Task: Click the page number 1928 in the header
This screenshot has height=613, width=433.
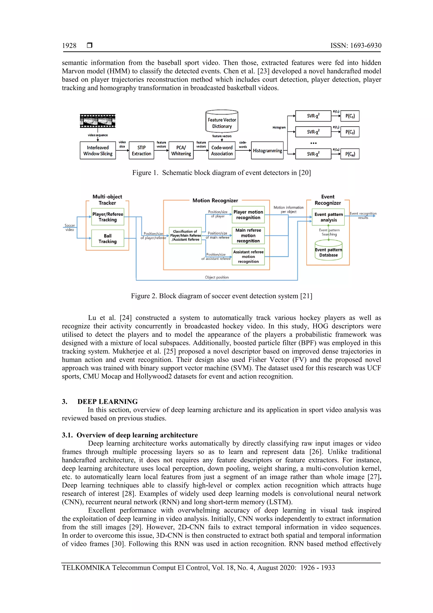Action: point(69,46)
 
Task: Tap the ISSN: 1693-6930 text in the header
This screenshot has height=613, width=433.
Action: point(356,46)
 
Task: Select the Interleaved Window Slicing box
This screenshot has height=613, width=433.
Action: point(98,151)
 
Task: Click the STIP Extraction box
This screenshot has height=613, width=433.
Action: point(141,151)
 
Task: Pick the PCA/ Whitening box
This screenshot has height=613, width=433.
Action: point(181,151)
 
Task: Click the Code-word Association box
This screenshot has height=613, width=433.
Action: point(222,151)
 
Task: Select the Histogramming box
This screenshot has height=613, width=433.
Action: point(267,151)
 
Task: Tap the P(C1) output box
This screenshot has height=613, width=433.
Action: point(350,116)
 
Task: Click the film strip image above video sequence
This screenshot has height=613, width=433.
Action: point(98,121)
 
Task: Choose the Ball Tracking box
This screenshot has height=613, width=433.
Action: point(108,238)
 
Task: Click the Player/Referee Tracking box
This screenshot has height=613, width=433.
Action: point(108,217)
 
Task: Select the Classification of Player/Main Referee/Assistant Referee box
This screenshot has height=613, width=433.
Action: point(185,236)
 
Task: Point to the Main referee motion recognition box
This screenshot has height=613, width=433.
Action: point(248,236)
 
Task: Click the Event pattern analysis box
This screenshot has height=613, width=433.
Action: point(328,217)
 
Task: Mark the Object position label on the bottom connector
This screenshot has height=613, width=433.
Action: point(217,277)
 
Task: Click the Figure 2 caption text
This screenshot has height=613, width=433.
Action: point(221,296)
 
